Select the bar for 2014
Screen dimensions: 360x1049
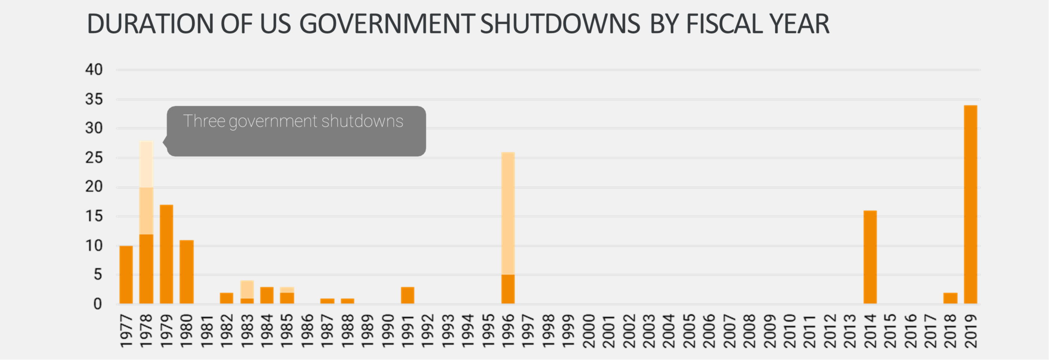click(x=870, y=257)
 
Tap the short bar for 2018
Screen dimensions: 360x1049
click(x=950, y=298)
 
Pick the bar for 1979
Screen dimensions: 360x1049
click(x=166, y=254)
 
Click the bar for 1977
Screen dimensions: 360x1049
click(x=126, y=274)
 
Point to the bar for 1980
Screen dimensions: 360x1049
click(x=187, y=272)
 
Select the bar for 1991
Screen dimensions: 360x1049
click(x=408, y=295)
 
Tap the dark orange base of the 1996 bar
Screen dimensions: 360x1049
click(x=508, y=289)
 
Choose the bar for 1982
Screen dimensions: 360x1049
click(x=226, y=298)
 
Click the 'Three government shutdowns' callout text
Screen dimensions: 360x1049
click(x=293, y=121)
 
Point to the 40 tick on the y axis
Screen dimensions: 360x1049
click(x=94, y=70)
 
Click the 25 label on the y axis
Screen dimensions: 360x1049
click(x=94, y=158)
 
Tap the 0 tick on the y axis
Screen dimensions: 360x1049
click(x=97, y=304)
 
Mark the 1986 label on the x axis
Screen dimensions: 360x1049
click(x=307, y=331)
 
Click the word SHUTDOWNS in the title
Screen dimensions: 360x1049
click(x=560, y=24)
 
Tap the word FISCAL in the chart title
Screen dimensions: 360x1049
click(x=724, y=24)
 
